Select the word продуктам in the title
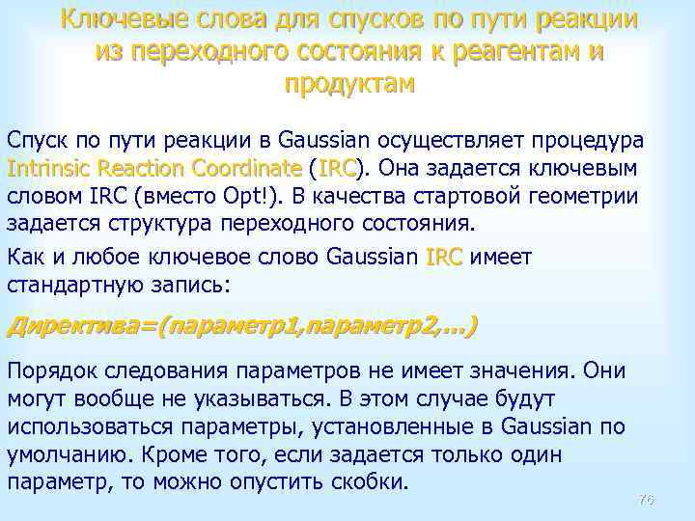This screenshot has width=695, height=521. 349,84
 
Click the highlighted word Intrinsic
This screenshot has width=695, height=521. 47,169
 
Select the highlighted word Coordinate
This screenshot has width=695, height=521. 251,169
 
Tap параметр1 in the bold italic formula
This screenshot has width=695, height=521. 228,326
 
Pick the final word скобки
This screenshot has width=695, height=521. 372,482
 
